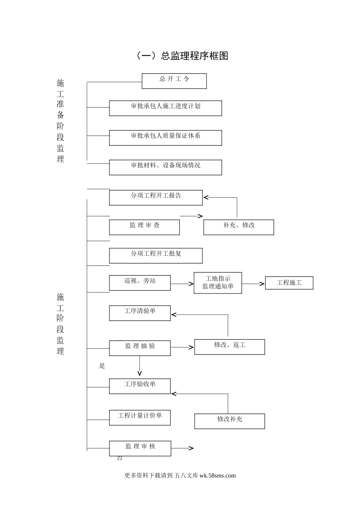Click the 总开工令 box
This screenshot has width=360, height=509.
click(x=174, y=81)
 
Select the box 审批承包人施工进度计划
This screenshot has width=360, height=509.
click(x=166, y=108)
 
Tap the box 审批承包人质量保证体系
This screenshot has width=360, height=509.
click(x=166, y=138)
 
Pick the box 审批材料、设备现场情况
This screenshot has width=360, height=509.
click(x=166, y=167)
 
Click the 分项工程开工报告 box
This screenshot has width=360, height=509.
click(x=156, y=198)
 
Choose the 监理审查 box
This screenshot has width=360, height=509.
click(x=144, y=227)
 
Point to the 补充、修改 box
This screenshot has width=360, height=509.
click(x=239, y=227)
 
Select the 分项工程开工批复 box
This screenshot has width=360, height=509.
click(x=156, y=256)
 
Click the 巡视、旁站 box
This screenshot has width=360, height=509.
click(x=140, y=283)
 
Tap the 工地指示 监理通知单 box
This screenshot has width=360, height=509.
click(x=218, y=283)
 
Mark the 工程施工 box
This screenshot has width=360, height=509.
click(x=289, y=283)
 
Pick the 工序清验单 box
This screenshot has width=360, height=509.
click(x=140, y=313)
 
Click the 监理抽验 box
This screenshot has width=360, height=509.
click(x=140, y=348)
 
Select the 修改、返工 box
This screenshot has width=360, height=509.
click(x=230, y=347)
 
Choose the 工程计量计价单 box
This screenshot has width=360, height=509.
click(x=140, y=418)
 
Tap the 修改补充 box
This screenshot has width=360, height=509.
click(x=230, y=421)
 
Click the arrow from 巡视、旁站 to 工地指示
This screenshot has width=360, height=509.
click(x=182, y=284)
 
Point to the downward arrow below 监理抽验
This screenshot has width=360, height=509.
click(x=139, y=366)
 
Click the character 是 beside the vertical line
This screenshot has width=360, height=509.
click(x=102, y=365)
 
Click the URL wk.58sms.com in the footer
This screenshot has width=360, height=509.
click(x=218, y=475)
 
